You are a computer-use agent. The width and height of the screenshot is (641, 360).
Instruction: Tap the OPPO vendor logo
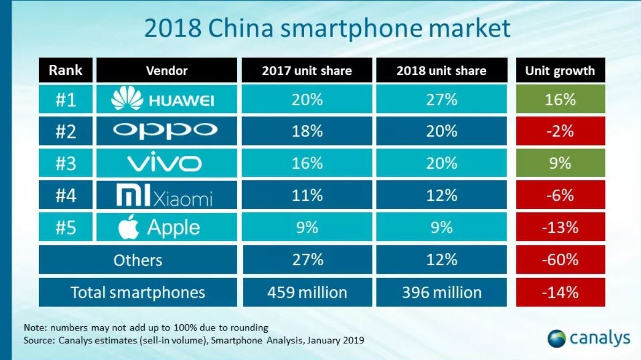pyautogui.click(x=167, y=130)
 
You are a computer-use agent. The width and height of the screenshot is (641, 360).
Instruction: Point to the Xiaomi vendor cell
pyautogui.click(x=167, y=196)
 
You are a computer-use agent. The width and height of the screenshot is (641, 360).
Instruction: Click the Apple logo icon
pyautogui.click(x=128, y=227)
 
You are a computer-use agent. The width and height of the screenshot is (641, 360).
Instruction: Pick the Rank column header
pyautogui.click(x=65, y=70)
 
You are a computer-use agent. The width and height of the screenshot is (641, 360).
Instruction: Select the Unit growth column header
pyautogui.click(x=560, y=71)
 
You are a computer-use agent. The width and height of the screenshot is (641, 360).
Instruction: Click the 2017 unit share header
pyautogui.click(x=306, y=71)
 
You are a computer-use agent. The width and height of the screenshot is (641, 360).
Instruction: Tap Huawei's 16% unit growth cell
pyautogui.click(x=560, y=99)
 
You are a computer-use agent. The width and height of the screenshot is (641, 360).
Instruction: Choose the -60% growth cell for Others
pyautogui.click(x=560, y=260)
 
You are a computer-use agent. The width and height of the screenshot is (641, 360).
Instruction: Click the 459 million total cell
pyautogui.click(x=307, y=292)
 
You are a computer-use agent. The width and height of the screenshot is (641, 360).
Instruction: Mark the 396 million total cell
pyautogui.click(x=441, y=292)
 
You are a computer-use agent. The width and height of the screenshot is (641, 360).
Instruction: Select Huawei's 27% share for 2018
pyautogui.click(x=441, y=99)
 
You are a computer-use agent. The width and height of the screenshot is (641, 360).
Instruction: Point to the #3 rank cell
pyautogui.click(x=65, y=163)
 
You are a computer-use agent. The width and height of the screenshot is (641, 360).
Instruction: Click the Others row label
pyautogui.click(x=138, y=260)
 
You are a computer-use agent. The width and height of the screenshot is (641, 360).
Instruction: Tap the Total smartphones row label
pyautogui.click(x=138, y=292)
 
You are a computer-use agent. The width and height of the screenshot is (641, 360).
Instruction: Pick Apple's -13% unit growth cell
pyautogui.click(x=560, y=227)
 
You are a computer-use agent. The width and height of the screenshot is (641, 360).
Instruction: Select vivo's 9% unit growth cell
pyautogui.click(x=560, y=163)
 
